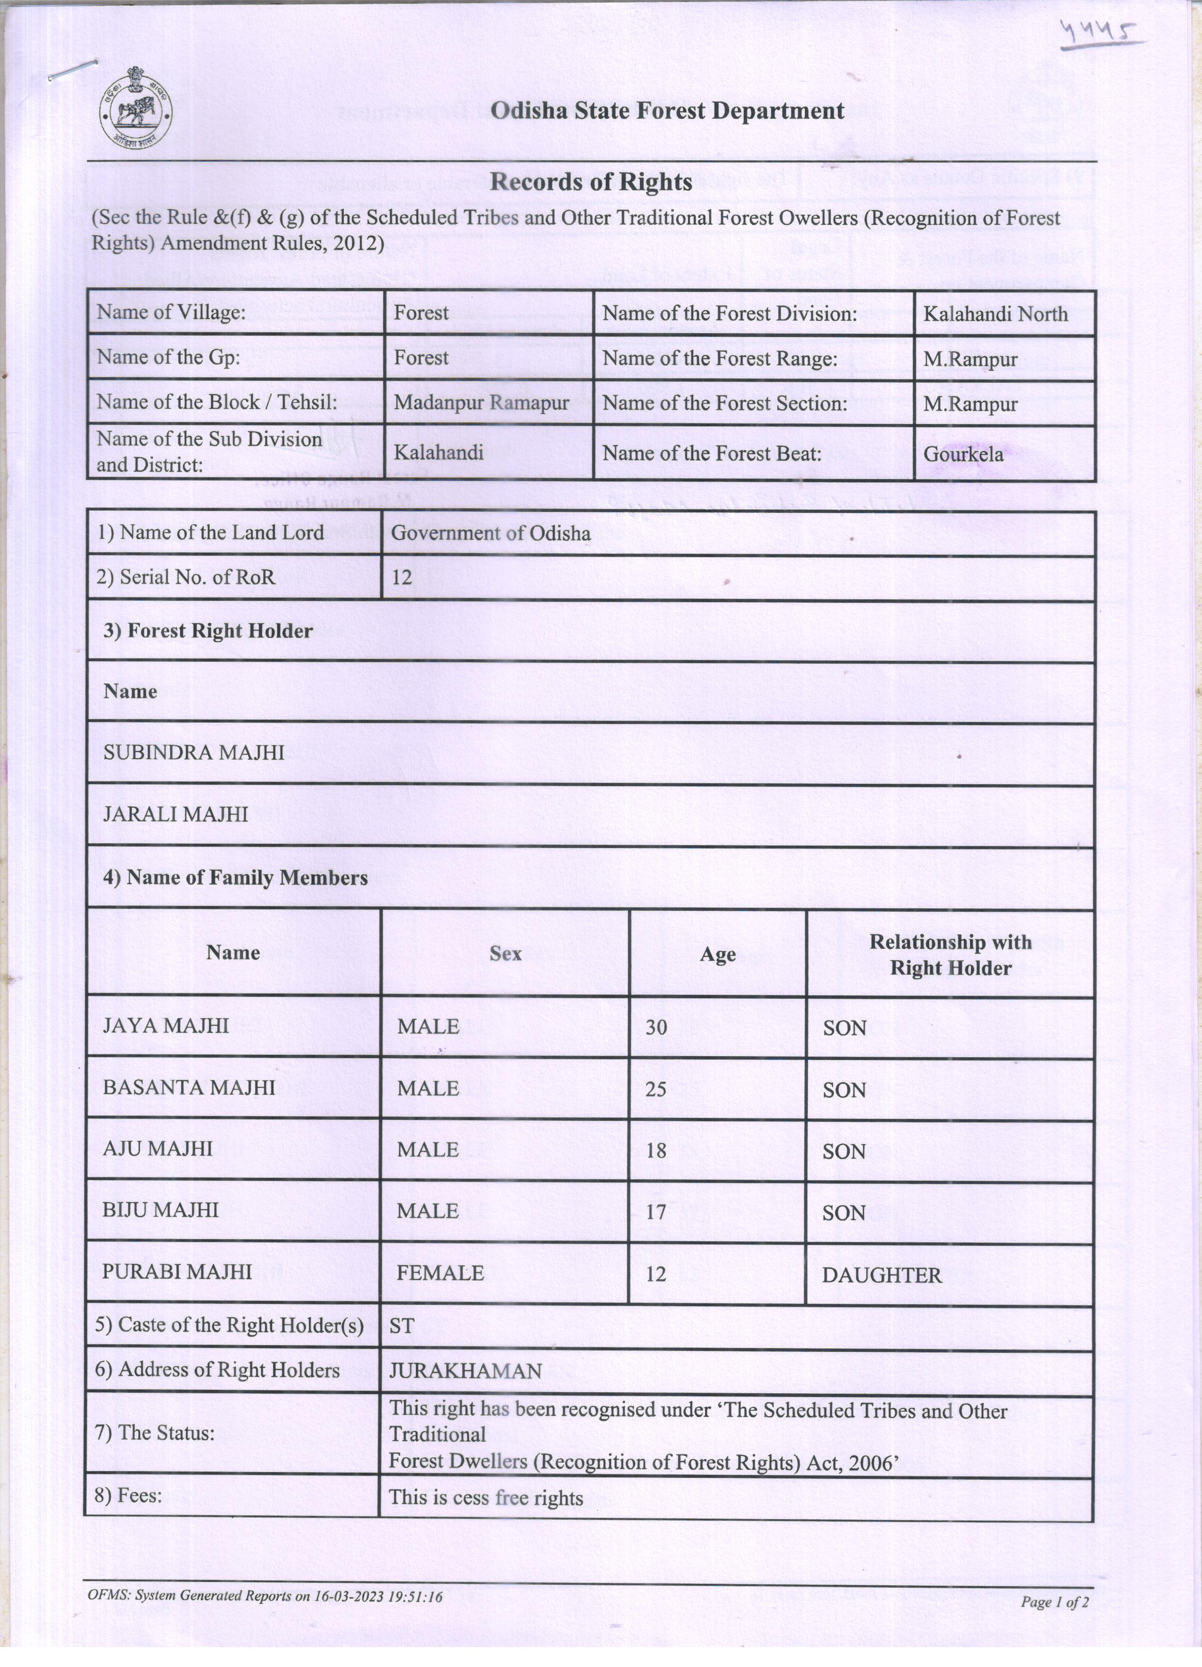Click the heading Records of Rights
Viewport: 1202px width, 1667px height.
pyautogui.click(x=591, y=182)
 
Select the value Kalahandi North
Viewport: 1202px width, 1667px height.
pyautogui.click(x=996, y=314)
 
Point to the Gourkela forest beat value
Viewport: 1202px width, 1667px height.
pyautogui.click(x=963, y=453)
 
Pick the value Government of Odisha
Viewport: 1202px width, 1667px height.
pyautogui.click(x=490, y=533)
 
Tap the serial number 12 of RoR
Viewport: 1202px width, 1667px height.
pyautogui.click(x=401, y=577)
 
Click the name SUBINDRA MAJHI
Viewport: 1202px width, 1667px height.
pyautogui.click(x=194, y=752)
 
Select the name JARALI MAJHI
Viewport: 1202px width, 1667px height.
pyautogui.click(x=176, y=814)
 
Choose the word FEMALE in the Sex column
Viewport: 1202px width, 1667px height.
pyautogui.click(x=440, y=1273)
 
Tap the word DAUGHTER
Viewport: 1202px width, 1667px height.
pyautogui.click(x=882, y=1274)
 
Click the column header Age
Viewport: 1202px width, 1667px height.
pyautogui.click(x=717, y=954)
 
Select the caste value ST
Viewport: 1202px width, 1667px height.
pyautogui.click(x=402, y=1325)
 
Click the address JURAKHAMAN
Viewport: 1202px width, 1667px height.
pyautogui.click(x=465, y=1371)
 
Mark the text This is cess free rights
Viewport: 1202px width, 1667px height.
pyautogui.click(x=486, y=1497)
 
